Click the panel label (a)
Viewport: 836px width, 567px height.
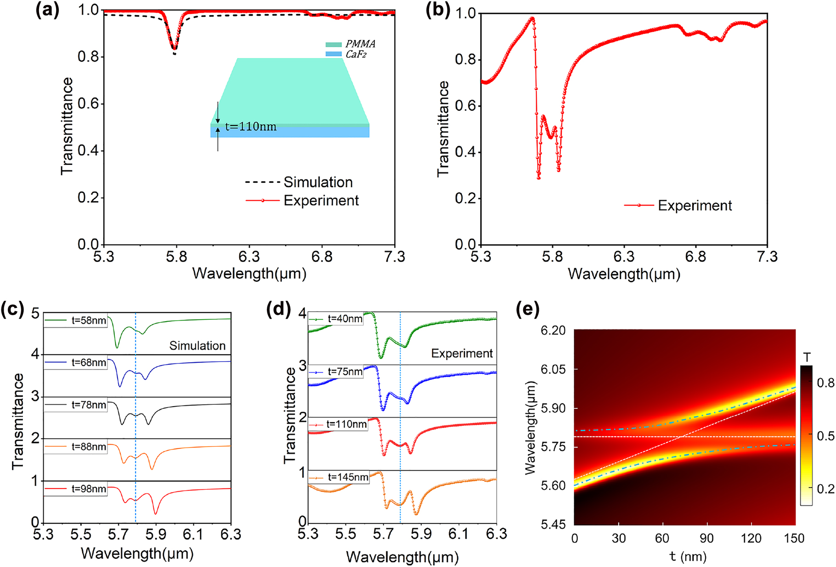tap(47, 10)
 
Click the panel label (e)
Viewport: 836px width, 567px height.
tap(527, 309)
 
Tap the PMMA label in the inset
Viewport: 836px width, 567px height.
tap(360, 44)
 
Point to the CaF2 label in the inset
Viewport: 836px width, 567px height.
tap(356, 55)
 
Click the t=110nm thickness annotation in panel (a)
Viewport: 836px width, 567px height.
tap(251, 126)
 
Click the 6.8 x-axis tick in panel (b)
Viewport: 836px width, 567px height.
tap(695, 256)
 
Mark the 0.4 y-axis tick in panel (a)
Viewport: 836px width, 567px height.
tap(88, 151)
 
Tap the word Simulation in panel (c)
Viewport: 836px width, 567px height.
tap(198, 346)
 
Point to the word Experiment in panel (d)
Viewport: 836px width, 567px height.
tap(462, 353)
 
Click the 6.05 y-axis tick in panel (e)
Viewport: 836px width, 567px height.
tap(553, 369)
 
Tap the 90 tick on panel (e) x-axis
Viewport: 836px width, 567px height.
tap(707, 538)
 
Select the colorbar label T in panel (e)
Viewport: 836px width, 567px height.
tap(807, 357)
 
